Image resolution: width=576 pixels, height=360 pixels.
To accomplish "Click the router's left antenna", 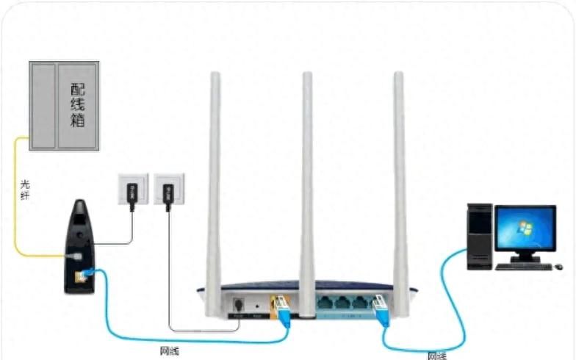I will point(214,184).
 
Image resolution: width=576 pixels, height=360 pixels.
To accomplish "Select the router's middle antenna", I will point(307,176).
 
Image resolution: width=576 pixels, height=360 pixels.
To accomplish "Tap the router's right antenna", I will point(400,184).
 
